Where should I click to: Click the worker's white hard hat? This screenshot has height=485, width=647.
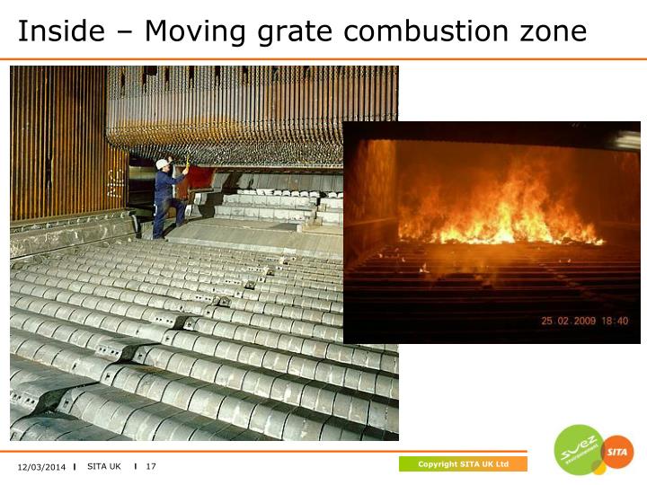point(163,164)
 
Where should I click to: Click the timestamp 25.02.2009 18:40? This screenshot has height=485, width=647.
point(584,321)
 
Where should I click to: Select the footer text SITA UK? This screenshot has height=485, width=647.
point(104,466)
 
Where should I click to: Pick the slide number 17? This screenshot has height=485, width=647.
point(151,466)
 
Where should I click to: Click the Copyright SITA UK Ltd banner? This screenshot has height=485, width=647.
point(463,464)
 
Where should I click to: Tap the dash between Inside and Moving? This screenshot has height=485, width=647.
point(125,33)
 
